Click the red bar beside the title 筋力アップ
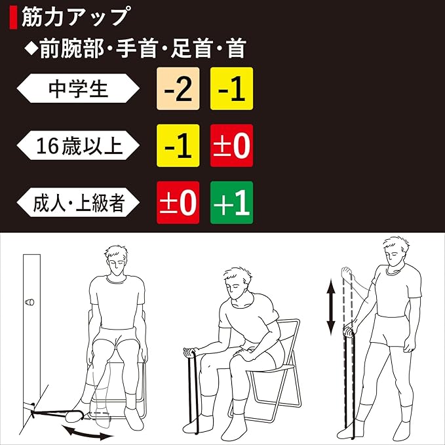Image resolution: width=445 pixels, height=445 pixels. pyautogui.click(x=13, y=18)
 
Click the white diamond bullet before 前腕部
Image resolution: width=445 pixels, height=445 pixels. pyautogui.click(x=31, y=48)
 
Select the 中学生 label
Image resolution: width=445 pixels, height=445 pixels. pyautogui.click(x=78, y=88)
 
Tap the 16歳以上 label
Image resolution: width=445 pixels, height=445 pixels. pyautogui.click(x=78, y=145)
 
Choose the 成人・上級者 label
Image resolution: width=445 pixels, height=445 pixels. pyautogui.click(x=78, y=203)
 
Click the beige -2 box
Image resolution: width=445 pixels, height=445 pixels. pyautogui.click(x=178, y=88)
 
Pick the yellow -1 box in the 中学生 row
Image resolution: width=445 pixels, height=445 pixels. pyautogui.click(x=231, y=88)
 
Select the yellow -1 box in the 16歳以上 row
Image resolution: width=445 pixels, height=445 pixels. pyautogui.click(x=178, y=145)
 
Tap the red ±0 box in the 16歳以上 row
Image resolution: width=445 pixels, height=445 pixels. pyautogui.click(x=231, y=145)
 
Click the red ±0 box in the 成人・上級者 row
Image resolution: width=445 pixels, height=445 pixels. pyautogui.click(x=178, y=203)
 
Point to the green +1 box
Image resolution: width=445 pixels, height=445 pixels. pyautogui.click(x=231, y=203)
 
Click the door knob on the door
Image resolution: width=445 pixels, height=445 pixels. pyautogui.click(x=29, y=302)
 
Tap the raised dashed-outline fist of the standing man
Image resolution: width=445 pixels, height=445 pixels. pyautogui.click(x=347, y=273)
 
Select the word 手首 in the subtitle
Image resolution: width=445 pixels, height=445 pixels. pyautogui.click(x=136, y=48)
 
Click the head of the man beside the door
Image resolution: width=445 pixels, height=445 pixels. pyautogui.click(x=117, y=260)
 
